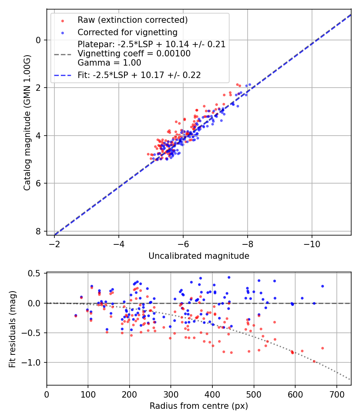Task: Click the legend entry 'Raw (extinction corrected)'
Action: (x=132, y=20)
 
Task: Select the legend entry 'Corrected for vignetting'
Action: (x=127, y=32)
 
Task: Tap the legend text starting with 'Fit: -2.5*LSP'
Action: (x=139, y=75)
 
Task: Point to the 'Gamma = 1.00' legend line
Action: (x=109, y=62)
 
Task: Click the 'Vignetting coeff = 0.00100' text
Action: (x=134, y=53)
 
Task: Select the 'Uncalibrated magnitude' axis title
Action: (x=199, y=256)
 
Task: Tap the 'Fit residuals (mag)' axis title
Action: (x=12, y=329)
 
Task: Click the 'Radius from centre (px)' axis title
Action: (x=199, y=406)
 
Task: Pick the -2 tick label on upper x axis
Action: (x=55, y=244)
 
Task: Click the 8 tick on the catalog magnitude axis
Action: (x=38, y=231)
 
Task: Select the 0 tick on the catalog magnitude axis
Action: (x=38, y=40)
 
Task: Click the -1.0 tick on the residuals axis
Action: (x=33, y=362)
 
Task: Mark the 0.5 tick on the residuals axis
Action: (x=36, y=274)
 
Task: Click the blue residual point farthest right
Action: (x=322, y=286)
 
